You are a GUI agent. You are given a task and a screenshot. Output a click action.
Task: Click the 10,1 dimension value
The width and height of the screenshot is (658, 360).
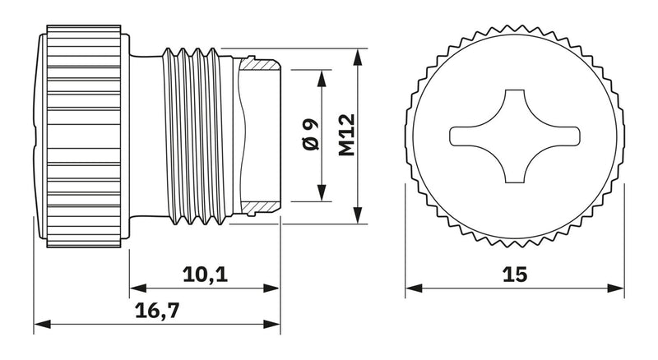205,275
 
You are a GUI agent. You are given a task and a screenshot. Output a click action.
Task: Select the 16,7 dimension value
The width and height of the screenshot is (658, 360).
157,311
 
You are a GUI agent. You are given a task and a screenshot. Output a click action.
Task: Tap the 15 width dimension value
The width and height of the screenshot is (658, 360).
515,275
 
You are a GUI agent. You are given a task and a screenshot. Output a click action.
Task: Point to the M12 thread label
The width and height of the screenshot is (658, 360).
347,135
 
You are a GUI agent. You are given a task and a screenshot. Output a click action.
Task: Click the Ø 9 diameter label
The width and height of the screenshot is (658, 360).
311,134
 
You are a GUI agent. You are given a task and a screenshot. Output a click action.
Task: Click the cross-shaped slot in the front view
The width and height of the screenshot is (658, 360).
515,136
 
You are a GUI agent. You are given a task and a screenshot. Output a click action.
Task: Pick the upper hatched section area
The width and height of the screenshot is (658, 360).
259,64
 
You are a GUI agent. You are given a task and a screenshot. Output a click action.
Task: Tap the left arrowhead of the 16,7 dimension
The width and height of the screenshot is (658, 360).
43,325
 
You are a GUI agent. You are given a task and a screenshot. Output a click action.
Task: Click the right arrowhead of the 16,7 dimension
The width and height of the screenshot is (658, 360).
271,325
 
